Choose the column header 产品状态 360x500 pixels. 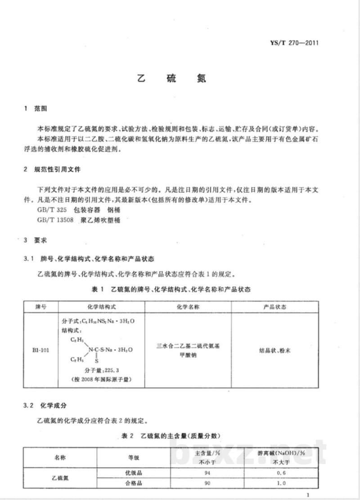274,307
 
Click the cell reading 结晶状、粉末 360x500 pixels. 274,349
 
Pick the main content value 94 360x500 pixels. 207,473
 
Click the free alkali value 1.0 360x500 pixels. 281,484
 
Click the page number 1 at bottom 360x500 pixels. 307,495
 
